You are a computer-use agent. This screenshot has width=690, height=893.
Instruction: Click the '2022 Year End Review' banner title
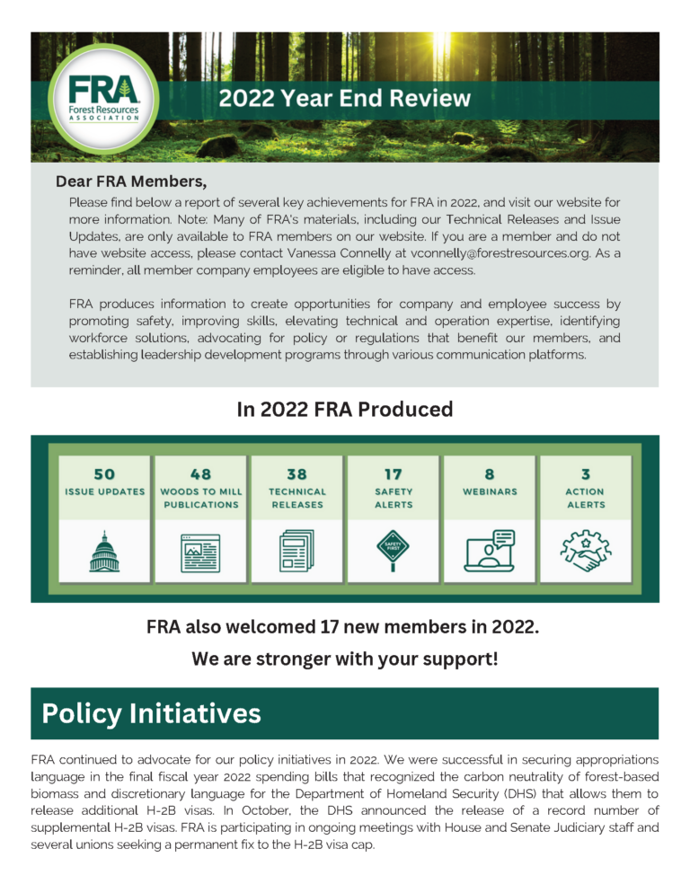pyautogui.click(x=345, y=98)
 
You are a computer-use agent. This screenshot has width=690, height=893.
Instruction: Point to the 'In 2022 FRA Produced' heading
pyautogui.click(x=345, y=410)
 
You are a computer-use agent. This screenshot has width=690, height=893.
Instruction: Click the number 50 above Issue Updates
pyautogui.click(x=104, y=473)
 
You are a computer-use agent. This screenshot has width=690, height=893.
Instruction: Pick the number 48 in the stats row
pyautogui.click(x=200, y=473)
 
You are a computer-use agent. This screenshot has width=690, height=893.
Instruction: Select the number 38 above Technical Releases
pyautogui.click(x=297, y=473)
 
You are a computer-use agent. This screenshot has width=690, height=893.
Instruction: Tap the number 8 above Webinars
pyautogui.click(x=489, y=473)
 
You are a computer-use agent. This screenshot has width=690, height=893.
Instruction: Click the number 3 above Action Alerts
pyautogui.click(x=585, y=473)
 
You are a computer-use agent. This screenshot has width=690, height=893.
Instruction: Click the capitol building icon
pyautogui.click(x=104, y=552)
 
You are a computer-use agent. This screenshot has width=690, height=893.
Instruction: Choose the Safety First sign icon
pyautogui.click(x=393, y=550)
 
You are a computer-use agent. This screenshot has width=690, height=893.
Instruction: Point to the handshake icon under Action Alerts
pyautogui.click(x=585, y=551)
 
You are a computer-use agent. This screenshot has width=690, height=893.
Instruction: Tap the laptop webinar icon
pyautogui.click(x=489, y=551)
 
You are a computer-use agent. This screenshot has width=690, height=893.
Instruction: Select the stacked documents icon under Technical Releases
pyautogui.click(x=297, y=551)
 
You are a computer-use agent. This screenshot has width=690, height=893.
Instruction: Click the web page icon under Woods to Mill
pyautogui.click(x=200, y=552)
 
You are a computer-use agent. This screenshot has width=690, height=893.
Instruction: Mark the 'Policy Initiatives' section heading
pyautogui.click(x=152, y=713)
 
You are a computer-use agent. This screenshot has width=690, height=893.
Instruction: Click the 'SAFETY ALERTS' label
pyautogui.click(x=394, y=498)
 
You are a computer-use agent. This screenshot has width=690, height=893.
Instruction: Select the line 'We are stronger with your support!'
pyautogui.click(x=345, y=659)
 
